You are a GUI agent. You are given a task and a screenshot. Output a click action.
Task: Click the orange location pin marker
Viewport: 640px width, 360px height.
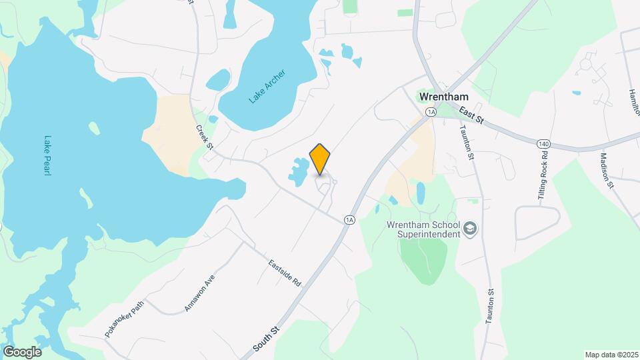point(320,159)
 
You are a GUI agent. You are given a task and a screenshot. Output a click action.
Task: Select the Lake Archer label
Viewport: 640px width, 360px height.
point(267,87)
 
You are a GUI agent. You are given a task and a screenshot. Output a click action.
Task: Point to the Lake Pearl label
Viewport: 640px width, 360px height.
point(48,156)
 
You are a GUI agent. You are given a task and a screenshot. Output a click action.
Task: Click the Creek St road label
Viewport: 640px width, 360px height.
point(203,137)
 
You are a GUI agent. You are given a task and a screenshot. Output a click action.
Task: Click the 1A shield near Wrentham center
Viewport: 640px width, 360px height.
point(431,112)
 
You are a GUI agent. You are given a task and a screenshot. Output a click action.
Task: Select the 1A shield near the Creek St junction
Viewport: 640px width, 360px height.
point(349,219)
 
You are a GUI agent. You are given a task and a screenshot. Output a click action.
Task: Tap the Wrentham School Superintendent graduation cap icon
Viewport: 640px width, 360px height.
point(471,229)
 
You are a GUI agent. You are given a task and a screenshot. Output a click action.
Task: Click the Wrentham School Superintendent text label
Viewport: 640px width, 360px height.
point(424,229)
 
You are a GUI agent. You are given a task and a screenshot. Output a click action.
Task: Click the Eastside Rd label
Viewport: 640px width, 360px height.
point(285,273)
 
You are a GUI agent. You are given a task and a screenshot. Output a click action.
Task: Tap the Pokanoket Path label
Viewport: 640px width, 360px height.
point(124,318)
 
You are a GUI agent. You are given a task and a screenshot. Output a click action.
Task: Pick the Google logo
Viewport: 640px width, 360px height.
point(22,352)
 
